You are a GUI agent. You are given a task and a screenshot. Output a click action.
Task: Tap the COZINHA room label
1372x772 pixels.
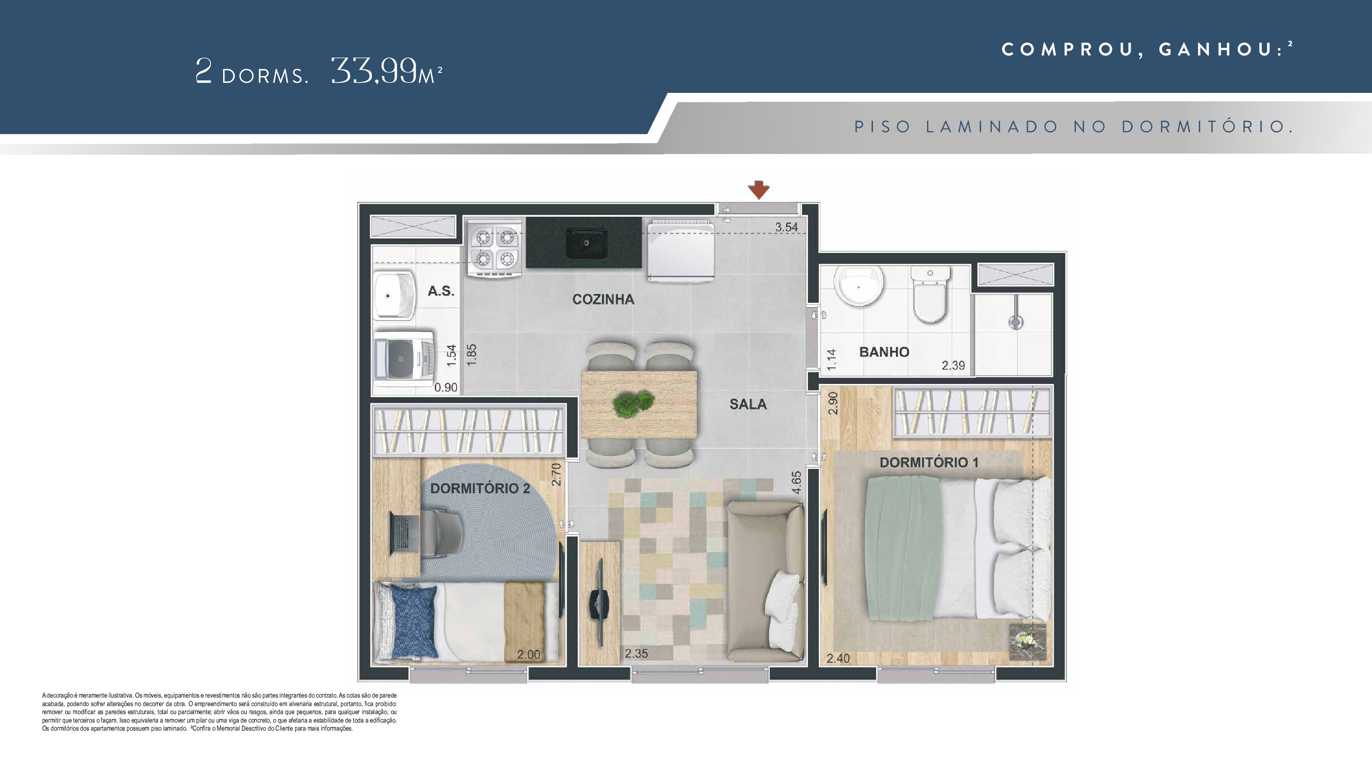point(603,300)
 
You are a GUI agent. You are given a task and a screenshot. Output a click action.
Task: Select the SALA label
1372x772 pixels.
point(748,404)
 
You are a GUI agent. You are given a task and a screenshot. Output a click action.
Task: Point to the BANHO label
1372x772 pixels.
point(884,352)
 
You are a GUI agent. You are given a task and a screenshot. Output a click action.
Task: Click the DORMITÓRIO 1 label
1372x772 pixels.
point(929,462)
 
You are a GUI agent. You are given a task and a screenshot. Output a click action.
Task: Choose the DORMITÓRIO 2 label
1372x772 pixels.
point(480,489)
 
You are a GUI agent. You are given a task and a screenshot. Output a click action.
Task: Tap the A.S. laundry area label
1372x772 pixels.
point(441,291)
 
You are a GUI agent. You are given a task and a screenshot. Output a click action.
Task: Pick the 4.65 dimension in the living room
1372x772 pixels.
point(796,482)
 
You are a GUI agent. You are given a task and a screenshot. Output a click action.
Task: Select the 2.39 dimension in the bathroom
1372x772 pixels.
point(953,365)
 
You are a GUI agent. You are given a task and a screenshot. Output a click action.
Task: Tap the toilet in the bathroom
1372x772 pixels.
point(930,295)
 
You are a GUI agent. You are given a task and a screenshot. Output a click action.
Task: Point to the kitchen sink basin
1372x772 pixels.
point(585,243)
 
